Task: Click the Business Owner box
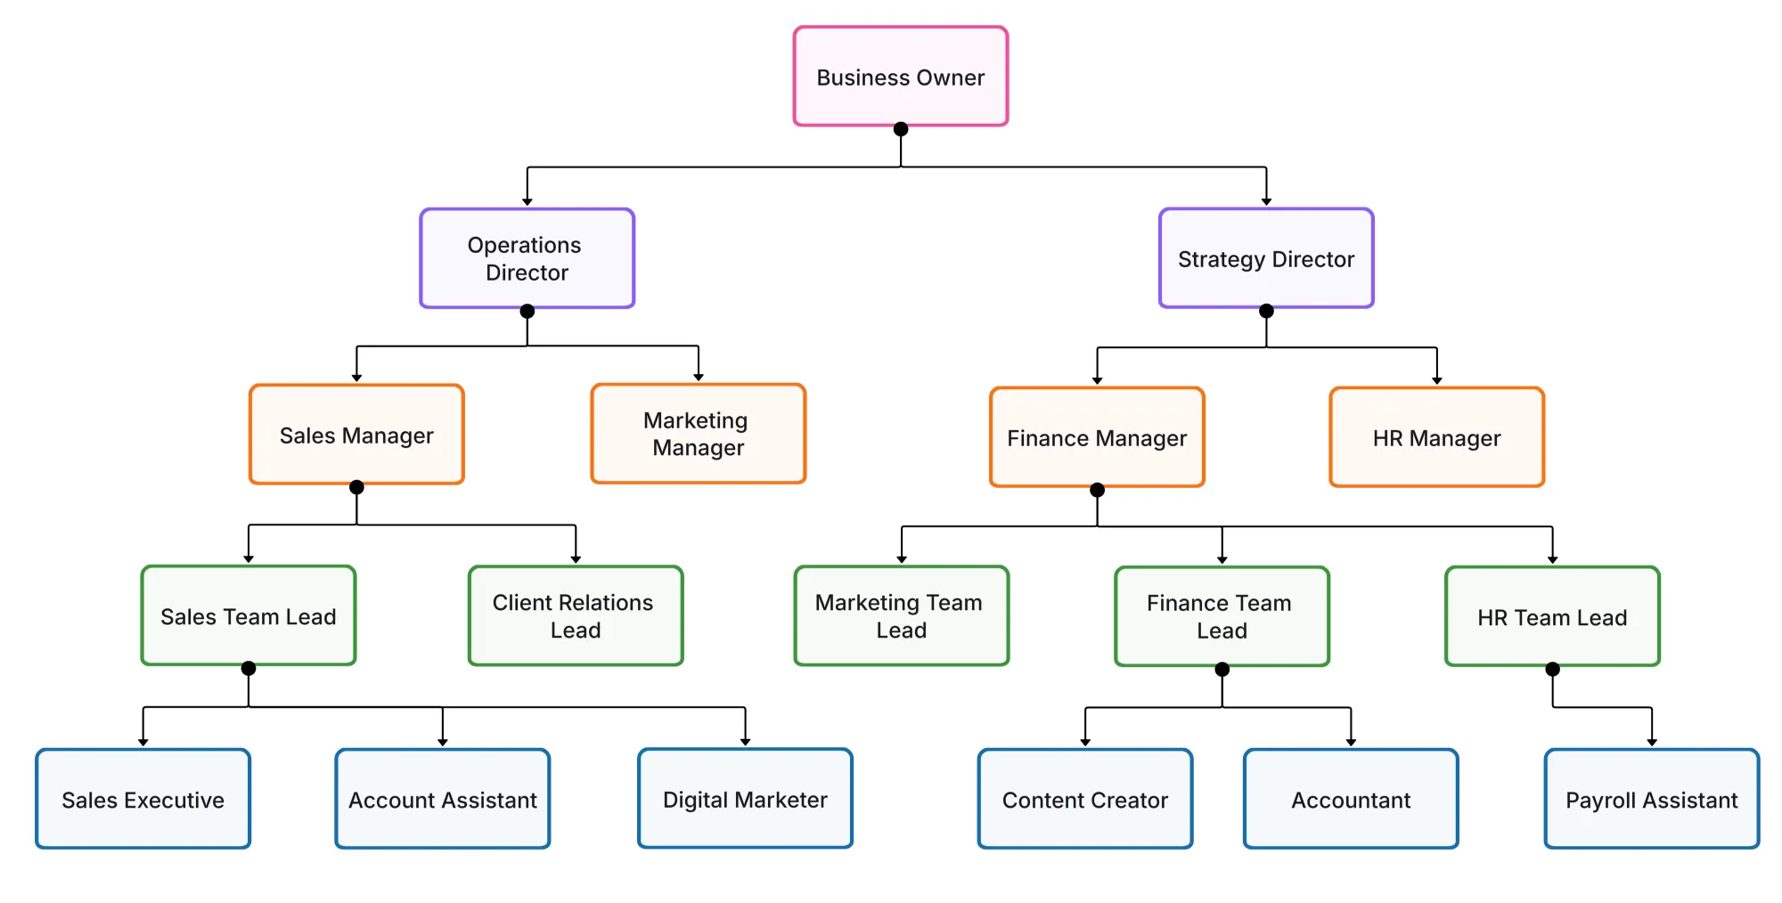coord(900,77)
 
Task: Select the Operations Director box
coord(527,258)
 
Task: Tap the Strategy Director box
coord(1265,258)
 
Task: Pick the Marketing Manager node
coord(698,434)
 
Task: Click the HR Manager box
coord(1435,437)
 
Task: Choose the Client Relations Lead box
coord(575,615)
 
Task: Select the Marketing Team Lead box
coord(901,615)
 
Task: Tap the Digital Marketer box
coord(745,799)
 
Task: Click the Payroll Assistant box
coord(1651,799)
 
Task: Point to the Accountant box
coord(1350,799)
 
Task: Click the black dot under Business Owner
coord(901,129)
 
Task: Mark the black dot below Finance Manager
coord(1097,490)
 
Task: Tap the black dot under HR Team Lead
coord(1552,669)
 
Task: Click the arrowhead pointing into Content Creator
coord(1085,742)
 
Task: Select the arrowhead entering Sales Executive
coord(143,742)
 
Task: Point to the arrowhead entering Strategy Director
coord(1266,201)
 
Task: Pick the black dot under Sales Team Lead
coord(249,668)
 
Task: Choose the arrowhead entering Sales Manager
coord(356,378)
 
